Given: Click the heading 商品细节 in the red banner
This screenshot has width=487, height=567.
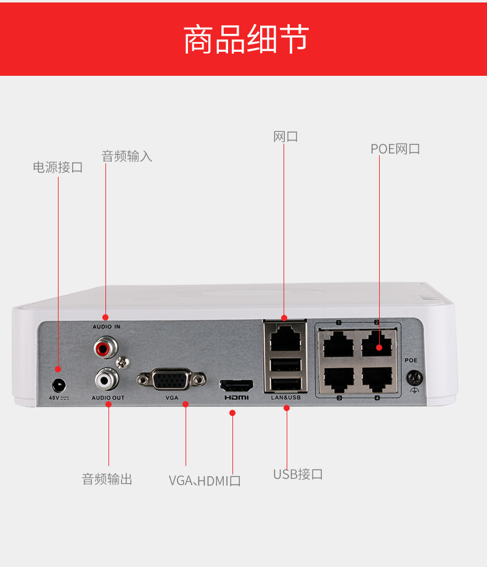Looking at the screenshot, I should click(246, 39).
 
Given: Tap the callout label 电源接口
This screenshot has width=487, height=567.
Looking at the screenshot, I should click(57, 167).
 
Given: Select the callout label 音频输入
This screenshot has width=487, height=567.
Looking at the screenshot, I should click(126, 156).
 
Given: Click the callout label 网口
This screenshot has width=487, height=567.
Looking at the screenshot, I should click(285, 136).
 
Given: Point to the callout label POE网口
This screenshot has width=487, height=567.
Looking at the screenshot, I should click(395, 149).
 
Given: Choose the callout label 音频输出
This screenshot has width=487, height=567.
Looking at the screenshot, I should click(107, 479).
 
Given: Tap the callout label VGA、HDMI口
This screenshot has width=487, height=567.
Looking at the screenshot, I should click(205, 480).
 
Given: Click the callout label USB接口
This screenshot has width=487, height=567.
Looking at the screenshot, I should click(298, 474).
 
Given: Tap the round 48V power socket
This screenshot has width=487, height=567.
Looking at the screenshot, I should click(59, 385).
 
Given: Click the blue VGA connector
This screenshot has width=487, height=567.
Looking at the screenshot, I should click(171, 379).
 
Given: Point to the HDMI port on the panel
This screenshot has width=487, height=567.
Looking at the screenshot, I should click(236, 386).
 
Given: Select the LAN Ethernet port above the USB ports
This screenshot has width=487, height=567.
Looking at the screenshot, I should click(285, 337).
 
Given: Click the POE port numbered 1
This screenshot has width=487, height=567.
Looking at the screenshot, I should click(338, 344).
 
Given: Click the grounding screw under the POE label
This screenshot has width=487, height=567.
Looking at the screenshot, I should click(413, 377).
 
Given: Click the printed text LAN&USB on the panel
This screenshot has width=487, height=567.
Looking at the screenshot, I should click(285, 398).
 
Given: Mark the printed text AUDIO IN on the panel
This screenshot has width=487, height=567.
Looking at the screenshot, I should click(106, 326).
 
